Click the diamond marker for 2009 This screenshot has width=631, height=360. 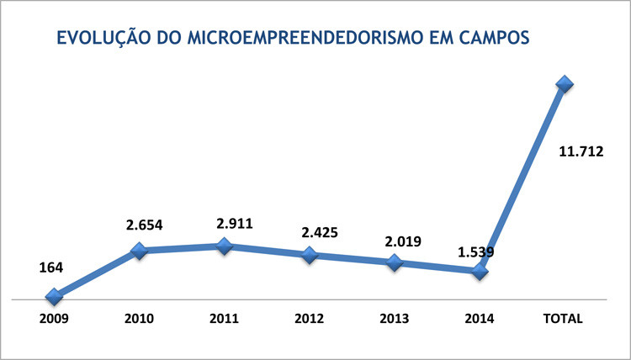click(x=55, y=296)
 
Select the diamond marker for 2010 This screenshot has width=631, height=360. click(x=140, y=251)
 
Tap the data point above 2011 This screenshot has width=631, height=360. click(x=225, y=246)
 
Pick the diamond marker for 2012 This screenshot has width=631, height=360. click(x=310, y=254)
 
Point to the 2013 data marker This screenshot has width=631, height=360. click(x=394, y=262)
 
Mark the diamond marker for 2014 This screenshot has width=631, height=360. click(x=480, y=271)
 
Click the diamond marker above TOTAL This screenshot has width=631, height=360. click(x=564, y=83)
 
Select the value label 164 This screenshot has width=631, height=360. click(x=51, y=267)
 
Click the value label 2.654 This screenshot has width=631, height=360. click(x=145, y=225)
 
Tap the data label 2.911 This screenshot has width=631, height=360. click(x=235, y=224)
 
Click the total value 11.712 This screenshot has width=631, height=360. click(x=581, y=152)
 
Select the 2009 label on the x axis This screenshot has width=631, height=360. click(x=54, y=319)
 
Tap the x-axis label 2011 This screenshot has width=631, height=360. click(x=224, y=319)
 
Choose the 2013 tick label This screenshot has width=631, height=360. click(x=394, y=319)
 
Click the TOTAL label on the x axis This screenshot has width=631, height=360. click(x=564, y=319)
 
